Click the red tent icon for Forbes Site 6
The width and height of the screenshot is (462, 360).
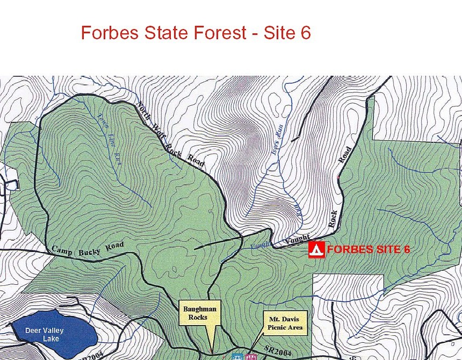(x=317, y=250)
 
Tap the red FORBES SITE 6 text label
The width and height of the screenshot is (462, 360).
(x=368, y=249)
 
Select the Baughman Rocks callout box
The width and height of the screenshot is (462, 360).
(x=200, y=313)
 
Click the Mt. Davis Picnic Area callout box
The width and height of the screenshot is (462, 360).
(x=285, y=323)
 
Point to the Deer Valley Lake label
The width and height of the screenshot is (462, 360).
(x=44, y=334)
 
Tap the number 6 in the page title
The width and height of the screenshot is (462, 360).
(x=306, y=33)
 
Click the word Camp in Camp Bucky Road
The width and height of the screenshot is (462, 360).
(x=62, y=250)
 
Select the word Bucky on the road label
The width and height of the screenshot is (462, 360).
(x=90, y=250)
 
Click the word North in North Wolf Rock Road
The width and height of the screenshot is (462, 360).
(x=142, y=110)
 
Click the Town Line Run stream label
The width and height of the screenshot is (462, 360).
(x=110, y=138)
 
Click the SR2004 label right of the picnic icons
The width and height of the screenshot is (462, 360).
(x=277, y=350)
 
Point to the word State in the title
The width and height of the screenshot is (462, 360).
(x=166, y=33)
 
